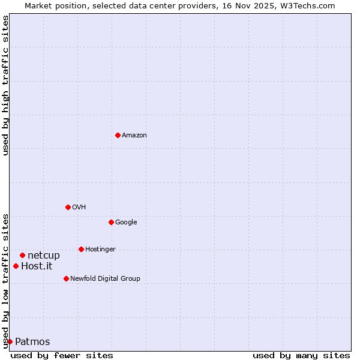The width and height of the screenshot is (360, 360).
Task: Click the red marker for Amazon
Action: [118, 135]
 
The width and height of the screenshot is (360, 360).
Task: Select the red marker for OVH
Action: [68, 207]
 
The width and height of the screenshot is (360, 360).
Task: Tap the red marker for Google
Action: [111, 222]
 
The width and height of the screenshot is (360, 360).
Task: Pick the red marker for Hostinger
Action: [81, 249]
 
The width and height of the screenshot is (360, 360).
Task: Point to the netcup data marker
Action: [22, 255]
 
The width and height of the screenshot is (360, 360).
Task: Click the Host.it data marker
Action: [16, 266]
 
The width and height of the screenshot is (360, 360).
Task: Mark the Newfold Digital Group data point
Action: [66, 278]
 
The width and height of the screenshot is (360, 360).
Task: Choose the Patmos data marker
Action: [10, 341]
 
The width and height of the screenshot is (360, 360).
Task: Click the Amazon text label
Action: [134, 136]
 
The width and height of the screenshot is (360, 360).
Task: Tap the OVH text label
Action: [79, 208]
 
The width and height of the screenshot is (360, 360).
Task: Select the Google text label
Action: [126, 223]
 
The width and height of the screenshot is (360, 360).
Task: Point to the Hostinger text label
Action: [100, 250]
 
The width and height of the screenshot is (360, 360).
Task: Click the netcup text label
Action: [44, 256]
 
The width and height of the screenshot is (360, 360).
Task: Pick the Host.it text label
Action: [37, 266]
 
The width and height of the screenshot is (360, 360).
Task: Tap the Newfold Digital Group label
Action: [105, 279]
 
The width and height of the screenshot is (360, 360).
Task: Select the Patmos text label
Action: [32, 342]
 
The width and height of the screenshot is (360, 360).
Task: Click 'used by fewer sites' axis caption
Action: [62, 355]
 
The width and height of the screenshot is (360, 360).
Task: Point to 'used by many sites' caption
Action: [301, 355]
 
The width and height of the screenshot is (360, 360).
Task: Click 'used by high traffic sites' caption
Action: [5, 85]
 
